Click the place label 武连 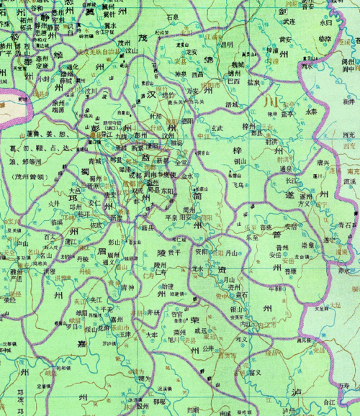[x=289, y=22]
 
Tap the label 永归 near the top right [x=326, y=22]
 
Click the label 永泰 [x=311, y=112]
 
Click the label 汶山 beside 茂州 [x=130, y=51]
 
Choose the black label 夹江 [x=99, y=298]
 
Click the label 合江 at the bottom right [x=329, y=404]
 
